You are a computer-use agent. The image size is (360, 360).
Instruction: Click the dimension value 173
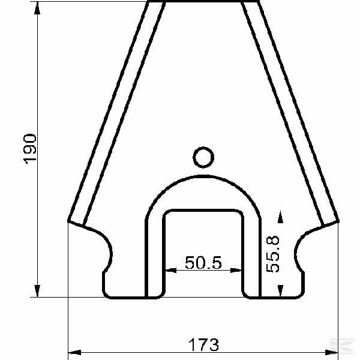tap(203, 346)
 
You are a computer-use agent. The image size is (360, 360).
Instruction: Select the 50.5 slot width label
tap(203, 263)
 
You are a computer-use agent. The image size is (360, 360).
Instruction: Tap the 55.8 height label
tap(273, 254)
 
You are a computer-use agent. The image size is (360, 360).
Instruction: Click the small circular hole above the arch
tap(203, 157)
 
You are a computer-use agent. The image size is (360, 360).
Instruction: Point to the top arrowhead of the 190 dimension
tap(38, 7)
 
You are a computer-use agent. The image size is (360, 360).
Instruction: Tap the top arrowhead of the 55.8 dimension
tap(280, 215)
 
